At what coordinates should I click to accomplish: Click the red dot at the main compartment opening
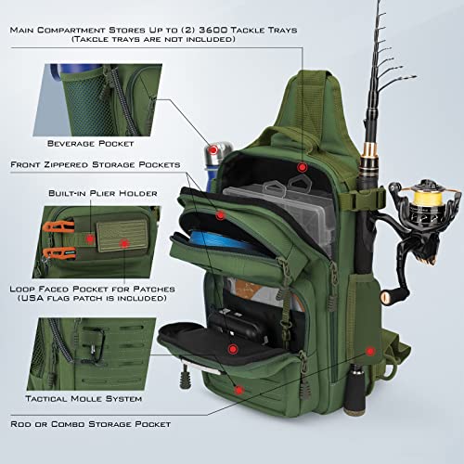[302, 167]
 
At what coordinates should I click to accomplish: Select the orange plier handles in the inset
[56, 239]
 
